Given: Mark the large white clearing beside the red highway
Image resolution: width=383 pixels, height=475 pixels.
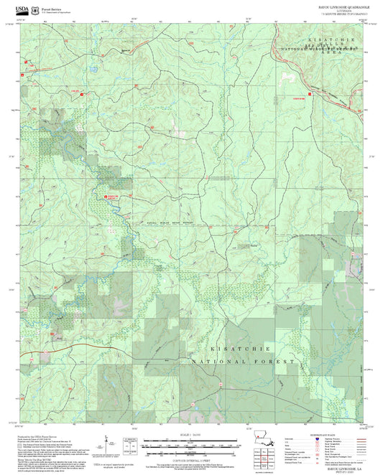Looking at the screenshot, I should tap(290, 75).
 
